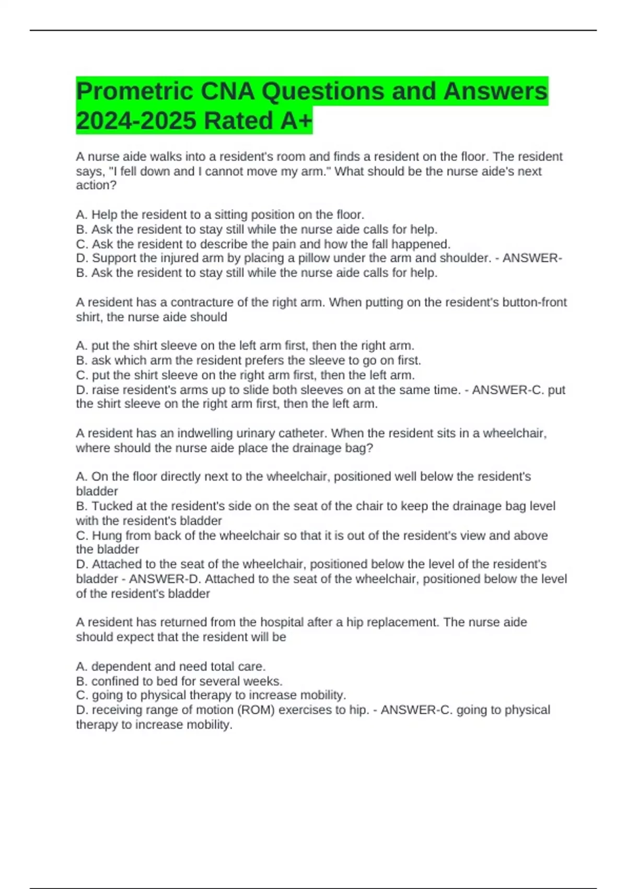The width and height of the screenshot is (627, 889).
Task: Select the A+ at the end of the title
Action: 296,121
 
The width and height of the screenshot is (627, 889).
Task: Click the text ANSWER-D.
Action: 164,579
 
